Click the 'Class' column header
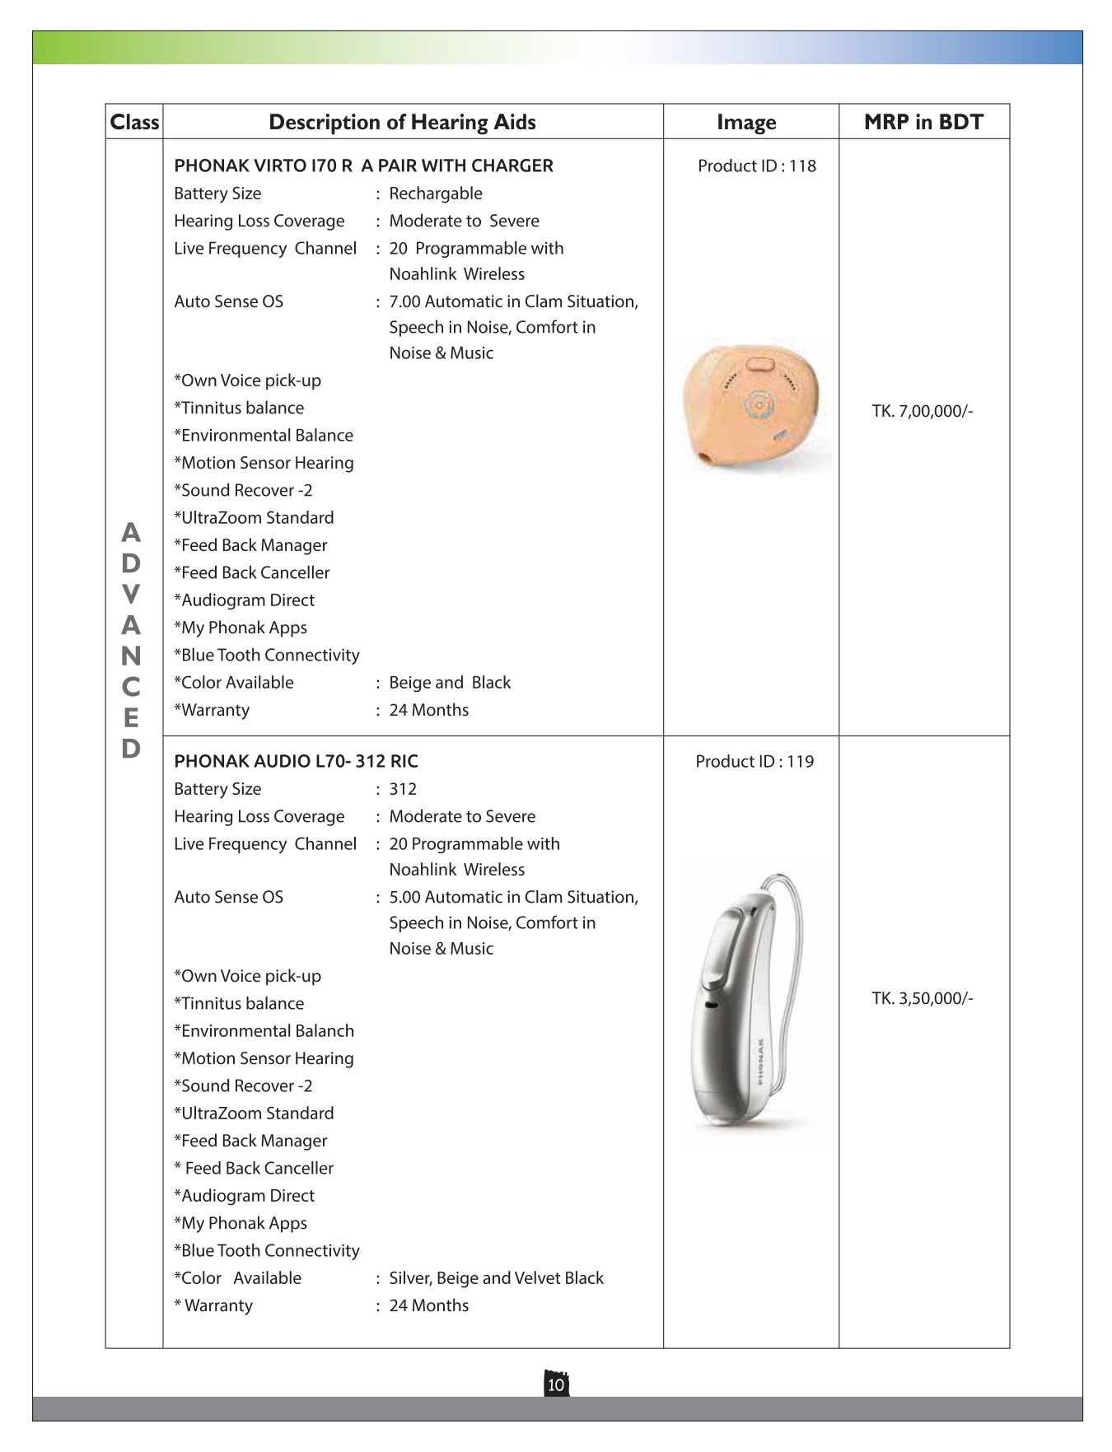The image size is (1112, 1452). [x=134, y=122]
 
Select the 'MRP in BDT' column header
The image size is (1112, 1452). [x=923, y=122]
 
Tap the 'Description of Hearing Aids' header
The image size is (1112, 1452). [x=402, y=122]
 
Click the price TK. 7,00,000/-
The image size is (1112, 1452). [x=923, y=411]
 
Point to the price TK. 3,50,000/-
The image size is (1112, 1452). [x=923, y=998]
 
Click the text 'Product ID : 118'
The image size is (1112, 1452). [x=756, y=166]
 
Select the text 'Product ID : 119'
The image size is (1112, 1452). [x=755, y=761]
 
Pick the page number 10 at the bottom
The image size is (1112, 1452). [x=556, y=1384]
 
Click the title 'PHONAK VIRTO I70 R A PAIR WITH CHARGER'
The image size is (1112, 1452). [x=363, y=166]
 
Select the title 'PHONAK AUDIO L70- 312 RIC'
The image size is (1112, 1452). [x=296, y=761]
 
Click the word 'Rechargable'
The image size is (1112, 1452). [x=436, y=194]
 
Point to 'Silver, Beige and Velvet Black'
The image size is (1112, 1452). [x=496, y=1277]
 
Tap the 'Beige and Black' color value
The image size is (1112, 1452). [x=450, y=682]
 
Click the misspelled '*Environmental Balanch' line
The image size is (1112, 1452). [x=264, y=1030]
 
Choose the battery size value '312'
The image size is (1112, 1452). [x=403, y=788]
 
